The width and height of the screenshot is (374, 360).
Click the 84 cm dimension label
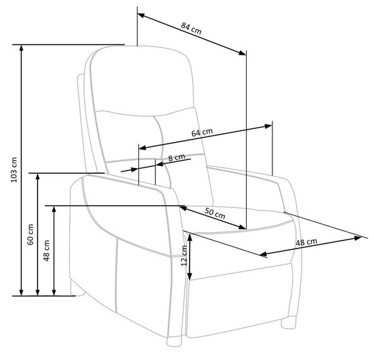(191, 29)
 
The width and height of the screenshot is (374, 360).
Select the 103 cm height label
(14, 170)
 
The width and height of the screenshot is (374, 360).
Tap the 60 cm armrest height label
(31, 234)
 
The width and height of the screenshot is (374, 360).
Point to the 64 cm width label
(202, 133)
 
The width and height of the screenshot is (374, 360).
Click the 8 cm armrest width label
(176, 158)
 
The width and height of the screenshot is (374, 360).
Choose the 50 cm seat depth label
(214, 214)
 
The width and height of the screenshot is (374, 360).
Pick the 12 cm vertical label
(184, 255)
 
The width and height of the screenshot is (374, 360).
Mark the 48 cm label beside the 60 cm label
(47, 250)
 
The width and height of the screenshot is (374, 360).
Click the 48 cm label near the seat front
(307, 242)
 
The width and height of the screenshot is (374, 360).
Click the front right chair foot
(289, 323)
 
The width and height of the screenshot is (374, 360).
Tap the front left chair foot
(174, 341)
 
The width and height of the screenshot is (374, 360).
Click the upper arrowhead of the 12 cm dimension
(189, 237)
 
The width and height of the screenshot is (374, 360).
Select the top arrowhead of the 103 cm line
(21, 49)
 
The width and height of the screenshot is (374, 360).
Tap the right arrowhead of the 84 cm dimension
(242, 53)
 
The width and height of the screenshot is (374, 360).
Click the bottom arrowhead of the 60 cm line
(37, 292)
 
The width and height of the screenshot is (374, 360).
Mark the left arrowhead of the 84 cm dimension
(141, 16)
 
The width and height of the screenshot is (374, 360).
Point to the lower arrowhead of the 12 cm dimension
(189, 276)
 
